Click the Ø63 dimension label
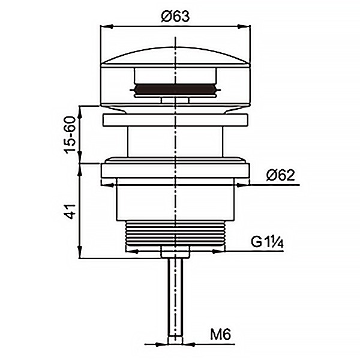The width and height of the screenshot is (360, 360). pos(175,17)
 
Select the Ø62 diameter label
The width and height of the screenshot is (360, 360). pos(280,176)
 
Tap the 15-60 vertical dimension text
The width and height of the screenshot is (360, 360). pos(70,135)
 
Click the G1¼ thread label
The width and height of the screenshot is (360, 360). pos(267,242)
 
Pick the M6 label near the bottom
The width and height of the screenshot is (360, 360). pos(221,335)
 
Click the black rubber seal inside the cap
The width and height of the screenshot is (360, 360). pos(175,89)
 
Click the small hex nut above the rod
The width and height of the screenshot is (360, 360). pos(175,251)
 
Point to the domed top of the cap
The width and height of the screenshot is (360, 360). pos(175,56)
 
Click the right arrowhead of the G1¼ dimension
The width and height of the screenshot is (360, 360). pos(219,251)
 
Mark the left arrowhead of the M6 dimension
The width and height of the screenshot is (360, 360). pos(161,344)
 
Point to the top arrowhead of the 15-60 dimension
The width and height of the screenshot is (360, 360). pos(80,112)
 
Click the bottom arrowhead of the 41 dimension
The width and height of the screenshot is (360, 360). pos(80,252)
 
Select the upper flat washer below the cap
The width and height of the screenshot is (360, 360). pos(175,119)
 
